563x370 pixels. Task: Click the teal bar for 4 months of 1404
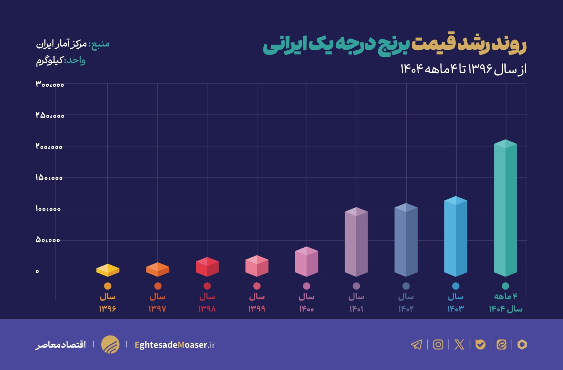coord(505,209)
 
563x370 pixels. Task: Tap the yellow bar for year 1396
coord(108,270)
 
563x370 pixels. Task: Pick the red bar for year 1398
coord(207,267)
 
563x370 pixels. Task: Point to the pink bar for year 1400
coord(307,262)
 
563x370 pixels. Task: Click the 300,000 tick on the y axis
coord(50,84)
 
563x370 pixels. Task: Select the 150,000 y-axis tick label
coord(49,178)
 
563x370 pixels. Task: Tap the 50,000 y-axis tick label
coord(48,240)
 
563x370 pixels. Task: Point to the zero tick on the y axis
coord(37,271)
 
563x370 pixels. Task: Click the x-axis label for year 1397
coord(157,303)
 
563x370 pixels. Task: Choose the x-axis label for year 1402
coord(406,303)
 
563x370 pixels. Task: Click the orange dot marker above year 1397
coord(158,286)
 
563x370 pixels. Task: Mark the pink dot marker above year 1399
coord(257,286)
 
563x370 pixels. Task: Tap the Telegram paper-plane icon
coord(417,344)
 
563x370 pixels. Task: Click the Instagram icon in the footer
coord(438,344)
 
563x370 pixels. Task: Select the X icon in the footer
coord(459,344)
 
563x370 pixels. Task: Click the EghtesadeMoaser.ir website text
coord(175,345)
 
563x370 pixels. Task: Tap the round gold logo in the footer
coord(110,344)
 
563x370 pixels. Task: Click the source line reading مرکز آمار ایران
coord(73,44)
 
